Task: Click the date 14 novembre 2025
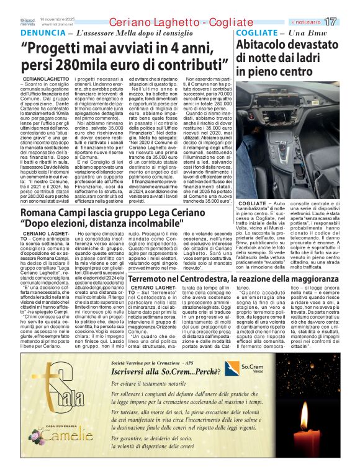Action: tap(57, 19)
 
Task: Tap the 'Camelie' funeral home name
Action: tap(58, 441)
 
